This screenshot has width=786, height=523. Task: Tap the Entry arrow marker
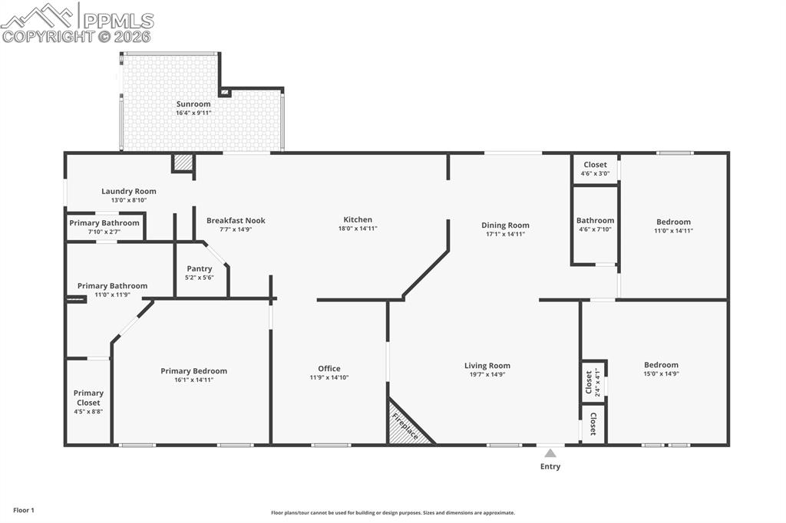tap(550, 453)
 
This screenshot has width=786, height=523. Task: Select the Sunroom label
tap(193, 104)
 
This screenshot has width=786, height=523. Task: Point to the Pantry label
tap(200, 269)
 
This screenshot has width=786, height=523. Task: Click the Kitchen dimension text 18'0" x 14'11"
tap(358, 229)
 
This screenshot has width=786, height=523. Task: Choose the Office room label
tap(329, 369)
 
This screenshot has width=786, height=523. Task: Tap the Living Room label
tap(487, 366)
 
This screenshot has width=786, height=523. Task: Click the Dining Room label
tap(505, 225)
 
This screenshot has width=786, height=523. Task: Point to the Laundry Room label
tap(129, 192)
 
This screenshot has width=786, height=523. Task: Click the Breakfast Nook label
tap(236, 221)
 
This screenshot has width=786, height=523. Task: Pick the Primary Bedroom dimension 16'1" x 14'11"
tap(193, 380)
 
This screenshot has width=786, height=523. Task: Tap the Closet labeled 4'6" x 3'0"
tap(595, 165)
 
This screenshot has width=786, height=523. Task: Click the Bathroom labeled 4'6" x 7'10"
tap(595, 221)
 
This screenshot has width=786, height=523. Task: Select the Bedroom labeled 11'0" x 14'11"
tap(672, 222)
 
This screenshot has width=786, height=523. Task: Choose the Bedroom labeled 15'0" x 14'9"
tap(661, 365)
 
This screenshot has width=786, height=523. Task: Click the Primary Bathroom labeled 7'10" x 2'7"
tap(104, 223)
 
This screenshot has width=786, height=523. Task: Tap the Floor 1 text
tap(24, 510)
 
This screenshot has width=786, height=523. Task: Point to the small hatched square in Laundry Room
tap(183, 163)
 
